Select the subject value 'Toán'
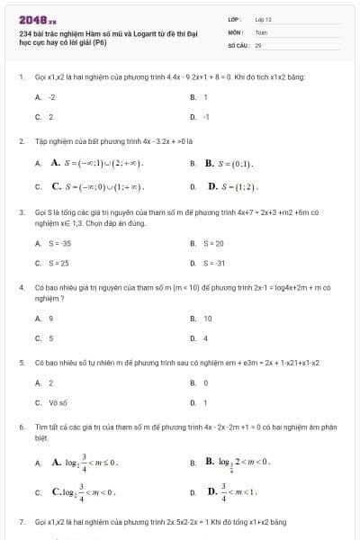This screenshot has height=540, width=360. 262,31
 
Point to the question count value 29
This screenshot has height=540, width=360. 258,43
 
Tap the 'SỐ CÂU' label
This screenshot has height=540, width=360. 237,43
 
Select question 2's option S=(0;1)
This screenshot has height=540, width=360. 229,164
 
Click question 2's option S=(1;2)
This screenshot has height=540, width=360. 233,187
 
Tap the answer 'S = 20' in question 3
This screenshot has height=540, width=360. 213,243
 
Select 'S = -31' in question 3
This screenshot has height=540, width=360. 213,263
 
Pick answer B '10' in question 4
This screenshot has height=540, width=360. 208,318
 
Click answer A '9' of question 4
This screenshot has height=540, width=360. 50,318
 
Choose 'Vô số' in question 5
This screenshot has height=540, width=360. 58,402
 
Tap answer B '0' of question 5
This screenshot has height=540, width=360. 206,382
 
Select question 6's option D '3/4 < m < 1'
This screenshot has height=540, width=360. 233,490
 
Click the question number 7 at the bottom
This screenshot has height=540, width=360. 22,522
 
